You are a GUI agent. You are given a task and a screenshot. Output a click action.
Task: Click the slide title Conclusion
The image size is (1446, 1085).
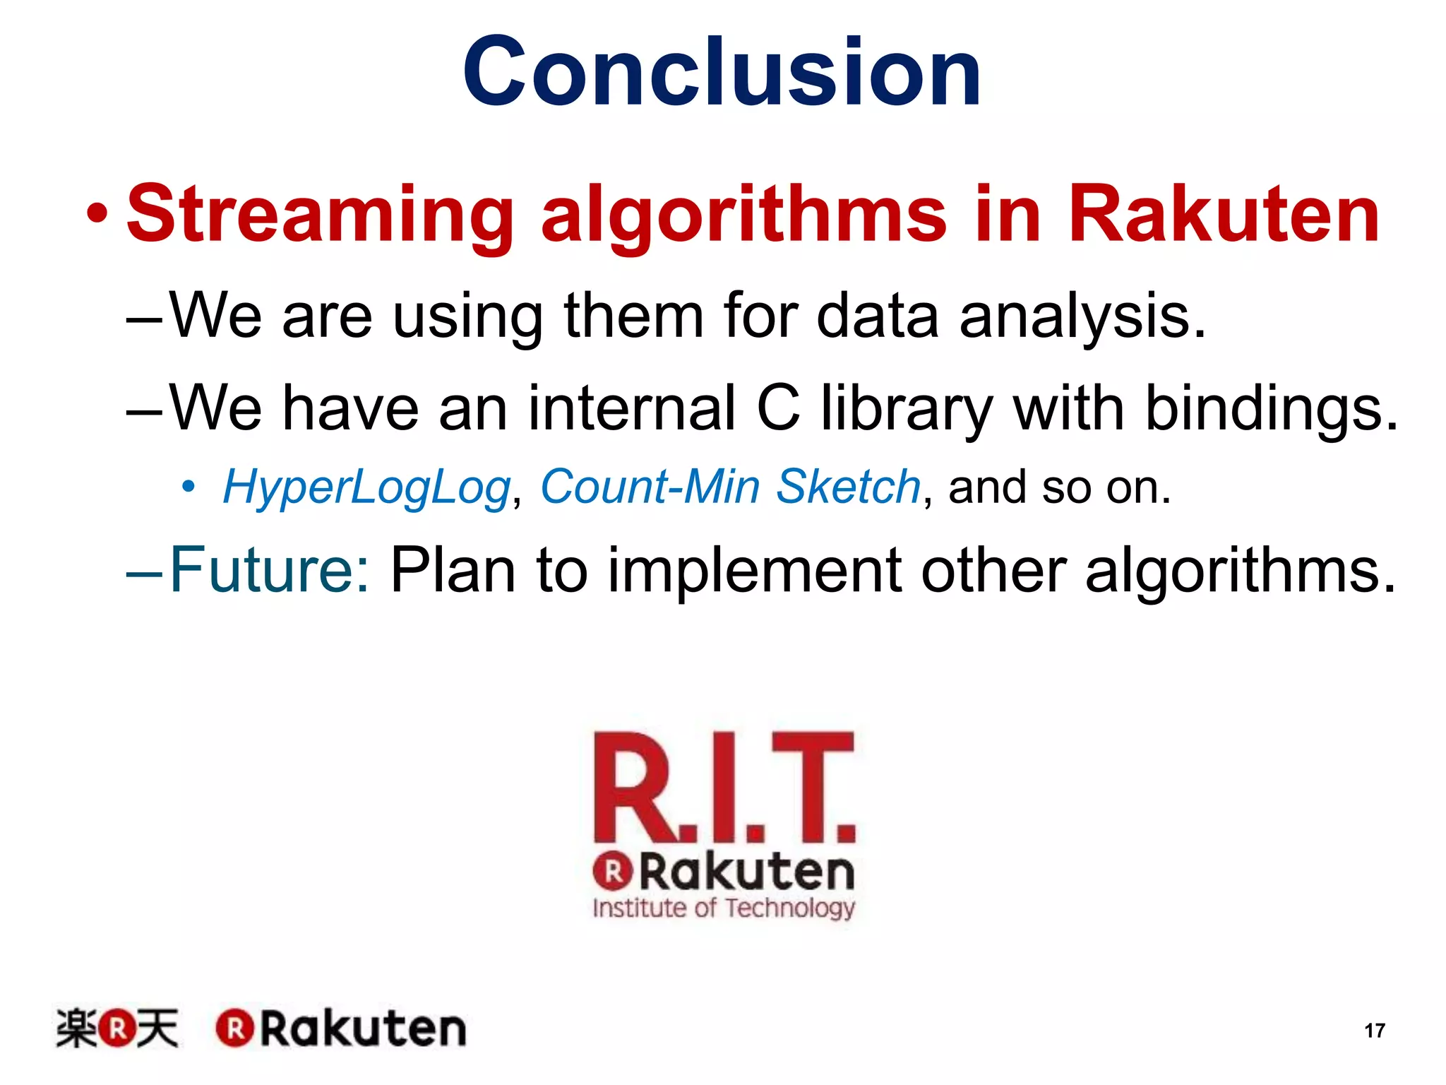pyautogui.click(x=722, y=72)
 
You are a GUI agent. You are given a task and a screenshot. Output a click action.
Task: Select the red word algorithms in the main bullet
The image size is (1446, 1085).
pyautogui.click(x=743, y=214)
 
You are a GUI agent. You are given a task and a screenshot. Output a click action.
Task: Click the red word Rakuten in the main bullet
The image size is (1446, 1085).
pyautogui.click(x=1224, y=214)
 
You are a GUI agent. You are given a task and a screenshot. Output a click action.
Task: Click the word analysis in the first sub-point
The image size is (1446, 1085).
pyautogui.click(x=1082, y=316)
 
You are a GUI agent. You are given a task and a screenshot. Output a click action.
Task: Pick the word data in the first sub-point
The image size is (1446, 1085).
pyautogui.click(x=878, y=316)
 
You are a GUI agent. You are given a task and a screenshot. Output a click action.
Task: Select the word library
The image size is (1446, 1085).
pyautogui.click(x=907, y=410)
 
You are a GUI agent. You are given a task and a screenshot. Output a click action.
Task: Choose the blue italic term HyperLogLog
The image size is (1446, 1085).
pyautogui.click(x=366, y=488)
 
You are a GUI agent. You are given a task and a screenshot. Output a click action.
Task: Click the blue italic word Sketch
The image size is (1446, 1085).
pyautogui.click(x=848, y=487)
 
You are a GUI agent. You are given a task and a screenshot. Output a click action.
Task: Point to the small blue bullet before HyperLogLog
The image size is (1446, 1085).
pyautogui.click(x=188, y=487)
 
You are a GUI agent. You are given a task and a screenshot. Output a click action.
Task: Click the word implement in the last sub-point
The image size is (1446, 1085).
pyautogui.click(x=754, y=571)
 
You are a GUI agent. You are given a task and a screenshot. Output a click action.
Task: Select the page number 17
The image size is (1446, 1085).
pyautogui.click(x=1374, y=1031)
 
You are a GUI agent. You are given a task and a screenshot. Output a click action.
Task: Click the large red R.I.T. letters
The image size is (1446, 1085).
pyautogui.click(x=724, y=788)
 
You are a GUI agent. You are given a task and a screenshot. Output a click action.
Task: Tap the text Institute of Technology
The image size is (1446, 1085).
pyautogui.click(x=724, y=908)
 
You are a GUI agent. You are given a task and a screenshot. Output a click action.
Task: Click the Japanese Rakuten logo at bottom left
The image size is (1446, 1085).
pyautogui.click(x=117, y=1028)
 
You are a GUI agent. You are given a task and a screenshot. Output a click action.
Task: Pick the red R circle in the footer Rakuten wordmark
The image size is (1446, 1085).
pyautogui.click(x=234, y=1028)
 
